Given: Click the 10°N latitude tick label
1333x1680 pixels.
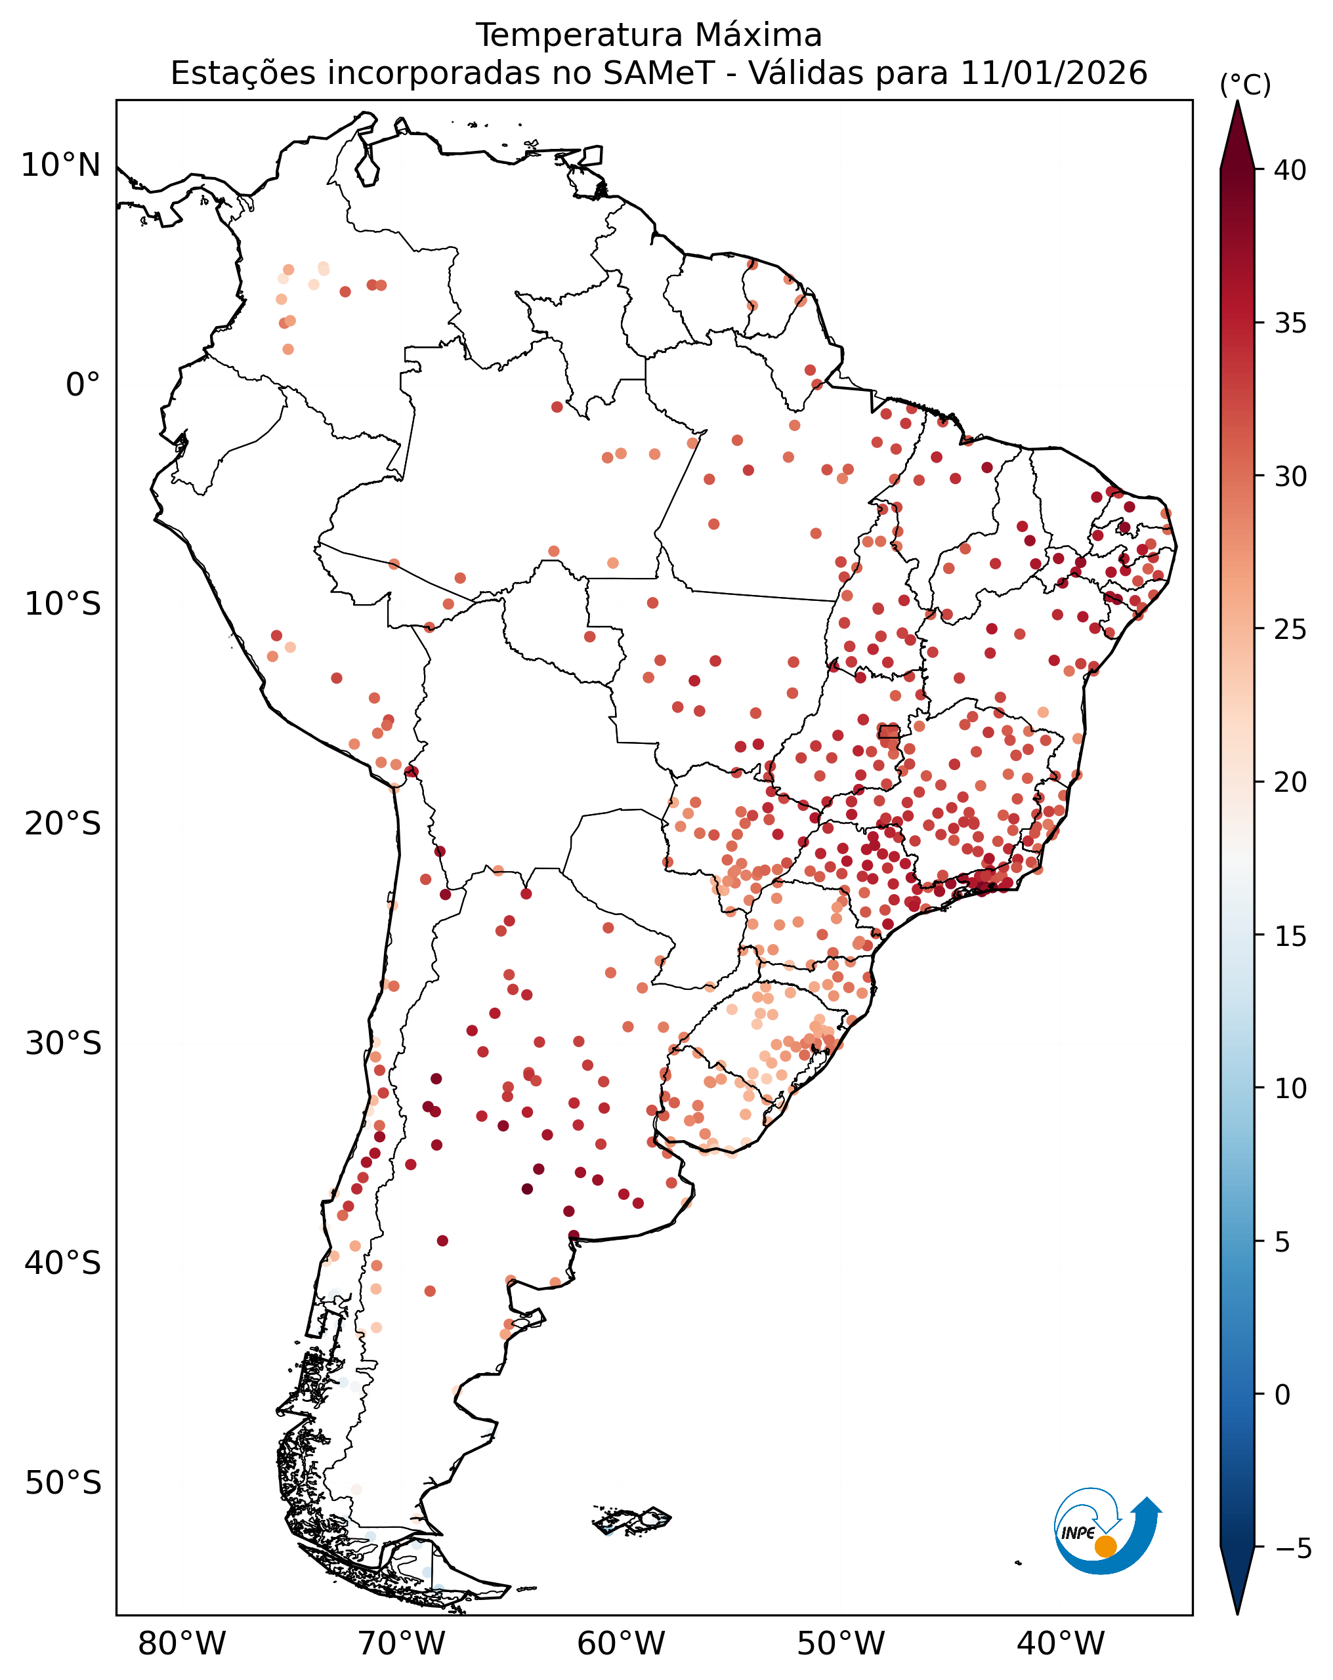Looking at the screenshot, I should point(61,165).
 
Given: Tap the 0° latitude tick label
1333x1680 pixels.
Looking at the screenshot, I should point(83,385).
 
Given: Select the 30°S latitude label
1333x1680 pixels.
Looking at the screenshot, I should point(62,1044).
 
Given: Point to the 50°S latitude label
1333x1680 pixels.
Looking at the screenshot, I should point(62,1483).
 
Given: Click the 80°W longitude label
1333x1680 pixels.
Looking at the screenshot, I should point(182,1644).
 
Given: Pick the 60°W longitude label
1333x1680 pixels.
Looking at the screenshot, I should point(622,1644).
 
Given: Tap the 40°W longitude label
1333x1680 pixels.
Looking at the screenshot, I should point(1061,1644).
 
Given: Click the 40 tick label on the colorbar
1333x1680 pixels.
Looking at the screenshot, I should point(1290,170).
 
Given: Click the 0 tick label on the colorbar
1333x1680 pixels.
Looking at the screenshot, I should point(1282,1395).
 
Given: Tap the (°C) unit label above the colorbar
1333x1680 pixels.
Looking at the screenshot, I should point(1245,85).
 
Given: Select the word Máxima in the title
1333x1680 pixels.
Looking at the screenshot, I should point(757,35).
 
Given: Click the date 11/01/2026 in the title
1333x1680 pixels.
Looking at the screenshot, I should point(1053,73).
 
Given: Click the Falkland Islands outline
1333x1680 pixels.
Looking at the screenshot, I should point(631,1519).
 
